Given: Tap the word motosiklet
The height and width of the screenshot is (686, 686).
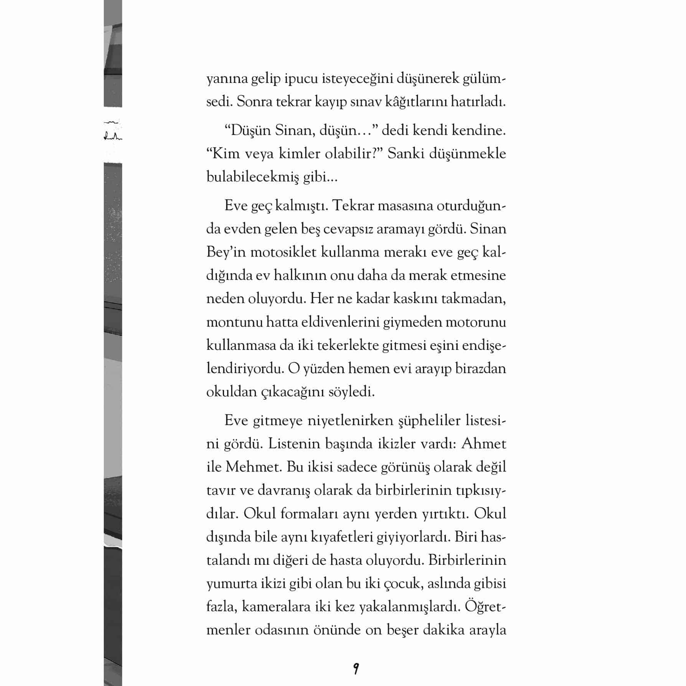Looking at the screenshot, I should (x=283, y=252).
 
